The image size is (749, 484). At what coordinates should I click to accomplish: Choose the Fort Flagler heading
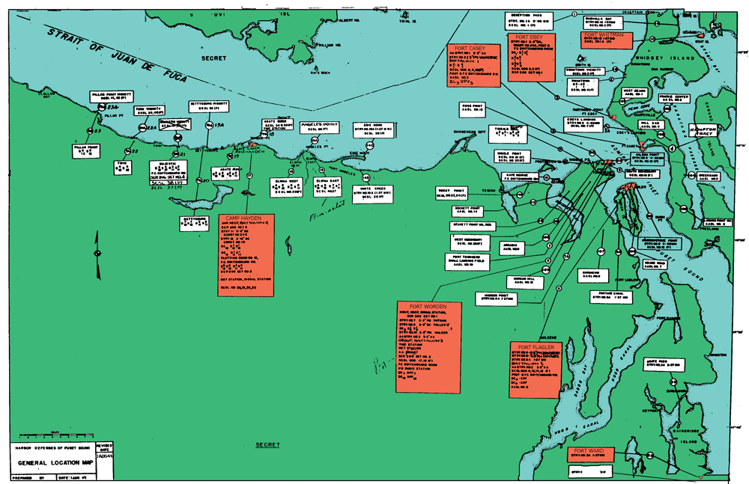click(x=534, y=347)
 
